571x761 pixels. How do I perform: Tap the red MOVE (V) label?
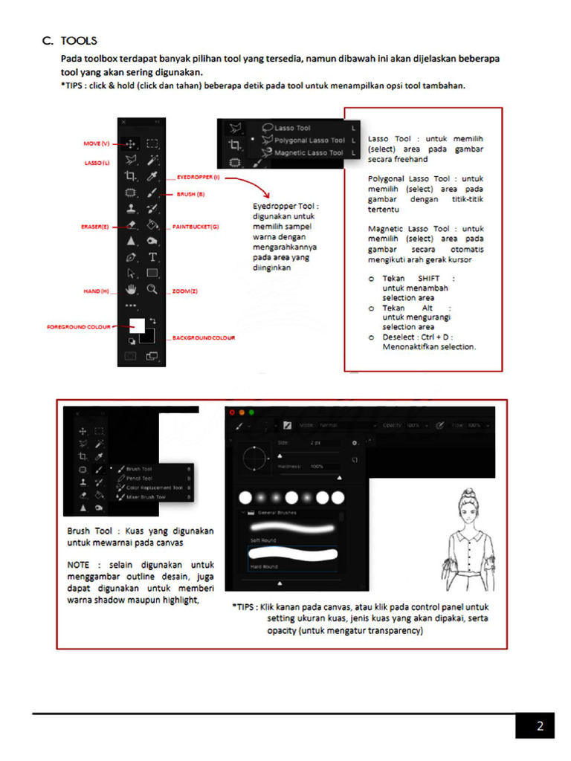(x=95, y=143)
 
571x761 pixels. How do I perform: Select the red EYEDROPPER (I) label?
(x=199, y=178)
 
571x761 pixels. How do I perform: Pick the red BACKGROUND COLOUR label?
(x=204, y=337)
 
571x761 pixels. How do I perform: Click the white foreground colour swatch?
(x=136, y=324)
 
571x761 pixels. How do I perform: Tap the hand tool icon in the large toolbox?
(x=132, y=290)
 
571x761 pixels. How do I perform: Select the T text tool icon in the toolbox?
(x=152, y=257)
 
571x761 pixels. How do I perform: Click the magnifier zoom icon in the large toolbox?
(x=152, y=290)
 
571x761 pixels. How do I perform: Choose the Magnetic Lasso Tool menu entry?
(x=308, y=153)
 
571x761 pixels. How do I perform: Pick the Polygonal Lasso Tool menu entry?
(x=309, y=140)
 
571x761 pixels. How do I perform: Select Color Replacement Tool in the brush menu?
(x=154, y=488)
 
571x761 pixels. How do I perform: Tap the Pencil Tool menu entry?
(x=139, y=479)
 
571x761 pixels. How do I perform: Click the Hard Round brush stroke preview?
(x=291, y=554)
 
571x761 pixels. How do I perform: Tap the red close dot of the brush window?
(x=231, y=412)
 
